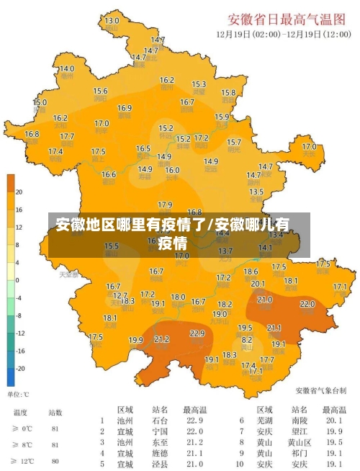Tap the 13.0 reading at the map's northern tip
click(x=112, y=21)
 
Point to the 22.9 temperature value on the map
click(x=197, y=333)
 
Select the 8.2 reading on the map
click(x=246, y=339)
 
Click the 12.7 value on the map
click(x=120, y=295)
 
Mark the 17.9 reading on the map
click(x=165, y=205)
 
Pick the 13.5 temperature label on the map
click(x=256, y=192)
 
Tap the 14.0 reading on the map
click(x=66, y=68)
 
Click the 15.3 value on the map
click(x=199, y=84)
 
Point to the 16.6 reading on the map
click(x=108, y=174)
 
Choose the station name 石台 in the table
click(x=161, y=421)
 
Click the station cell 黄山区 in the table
click(x=300, y=442)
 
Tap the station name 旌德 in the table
click(x=161, y=454)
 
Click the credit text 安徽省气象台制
click(x=320, y=390)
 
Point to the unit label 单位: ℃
click(x=18, y=395)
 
